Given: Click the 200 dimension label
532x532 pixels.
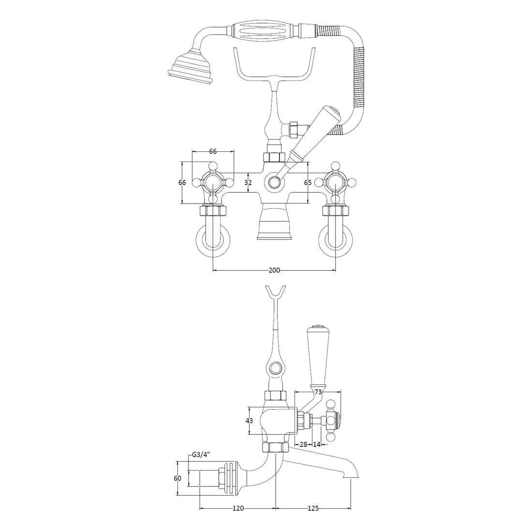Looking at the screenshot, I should click(274, 270).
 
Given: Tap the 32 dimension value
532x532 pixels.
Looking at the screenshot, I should click(248, 183).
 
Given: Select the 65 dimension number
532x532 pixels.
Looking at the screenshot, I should click(308, 183).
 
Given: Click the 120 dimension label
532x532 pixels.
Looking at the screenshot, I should click(238, 508).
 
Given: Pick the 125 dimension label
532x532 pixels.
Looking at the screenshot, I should click(313, 508).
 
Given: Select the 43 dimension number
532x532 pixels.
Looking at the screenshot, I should click(250, 421).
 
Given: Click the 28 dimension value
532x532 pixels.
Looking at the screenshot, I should click(304, 444).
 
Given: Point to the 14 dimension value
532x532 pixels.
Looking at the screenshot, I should click(317, 444).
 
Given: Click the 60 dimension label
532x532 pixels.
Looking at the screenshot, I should click(177, 478).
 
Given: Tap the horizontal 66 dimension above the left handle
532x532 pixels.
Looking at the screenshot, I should click(213, 151).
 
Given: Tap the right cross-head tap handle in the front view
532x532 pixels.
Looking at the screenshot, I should click(336, 183).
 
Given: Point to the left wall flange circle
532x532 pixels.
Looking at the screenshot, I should click(213, 240).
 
